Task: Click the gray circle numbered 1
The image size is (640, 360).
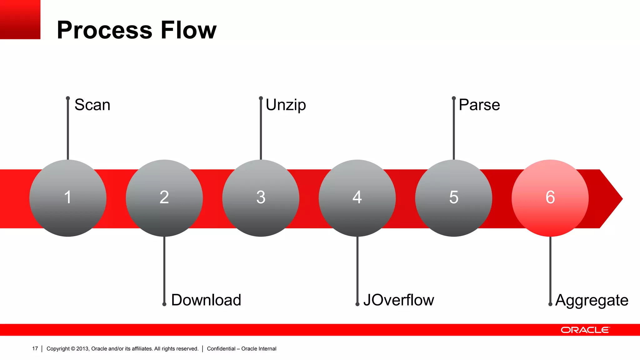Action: coord(68,198)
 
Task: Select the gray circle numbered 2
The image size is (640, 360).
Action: coord(164,198)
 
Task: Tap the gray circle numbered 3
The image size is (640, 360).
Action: coord(261,198)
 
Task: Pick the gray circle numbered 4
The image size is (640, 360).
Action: coord(357,198)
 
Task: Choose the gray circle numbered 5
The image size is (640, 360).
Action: coord(453,198)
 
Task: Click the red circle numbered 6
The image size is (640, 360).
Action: coord(550,198)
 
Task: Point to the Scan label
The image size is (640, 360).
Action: coord(92,105)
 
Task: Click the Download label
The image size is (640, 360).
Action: coord(206,300)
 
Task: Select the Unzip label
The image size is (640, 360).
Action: coord(286,105)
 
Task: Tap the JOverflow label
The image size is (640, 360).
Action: coord(398,300)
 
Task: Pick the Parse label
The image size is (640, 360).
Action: coord(479,105)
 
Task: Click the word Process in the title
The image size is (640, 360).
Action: coord(105,30)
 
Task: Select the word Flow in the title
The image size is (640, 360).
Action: coord(188,30)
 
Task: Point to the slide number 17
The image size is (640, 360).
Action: coord(35,348)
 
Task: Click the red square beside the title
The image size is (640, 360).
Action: coord(20,19)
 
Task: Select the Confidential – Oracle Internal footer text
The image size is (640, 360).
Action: coord(242,349)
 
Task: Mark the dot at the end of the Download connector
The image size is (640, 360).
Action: coord(164,304)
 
